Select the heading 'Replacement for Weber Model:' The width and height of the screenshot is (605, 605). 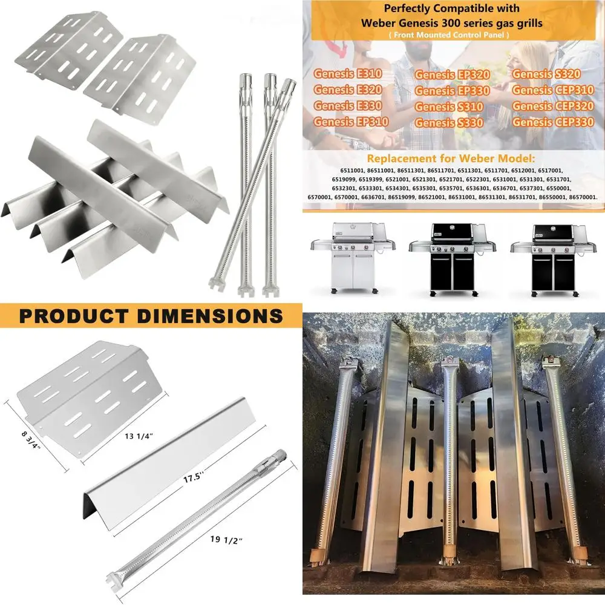451,159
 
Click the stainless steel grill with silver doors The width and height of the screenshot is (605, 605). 350,257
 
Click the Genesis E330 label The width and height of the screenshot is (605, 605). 347,106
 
